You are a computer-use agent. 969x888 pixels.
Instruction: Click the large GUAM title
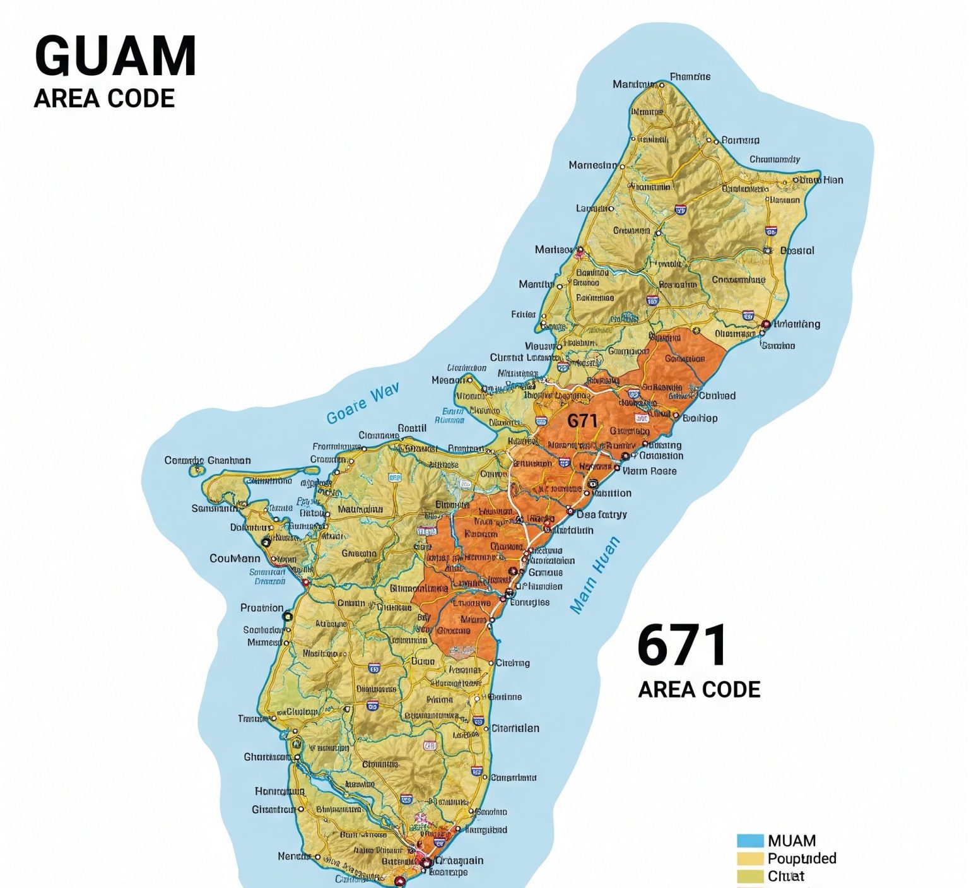[x=115, y=56]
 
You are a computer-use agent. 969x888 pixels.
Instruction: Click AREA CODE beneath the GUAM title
[x=104, y=99]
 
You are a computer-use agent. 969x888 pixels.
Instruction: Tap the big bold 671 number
[x=681, y=645]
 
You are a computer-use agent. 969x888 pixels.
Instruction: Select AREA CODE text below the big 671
[x=699, y=689]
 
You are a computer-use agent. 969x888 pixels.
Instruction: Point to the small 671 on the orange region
[x=582, y=420]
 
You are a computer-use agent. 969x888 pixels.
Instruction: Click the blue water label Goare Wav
[x=363, y=405]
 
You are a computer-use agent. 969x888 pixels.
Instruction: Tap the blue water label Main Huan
[x=594, y=575]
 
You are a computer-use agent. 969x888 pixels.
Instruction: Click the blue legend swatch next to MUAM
[x=750, y=841]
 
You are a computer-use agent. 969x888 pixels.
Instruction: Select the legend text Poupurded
[x=802, y=858]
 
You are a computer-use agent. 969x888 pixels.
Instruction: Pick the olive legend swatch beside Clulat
[x=750, y=876]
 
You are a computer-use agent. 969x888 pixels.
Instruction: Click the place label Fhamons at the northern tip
[x=690, y=77]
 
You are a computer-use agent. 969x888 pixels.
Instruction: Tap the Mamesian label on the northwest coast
[x=593, y=165]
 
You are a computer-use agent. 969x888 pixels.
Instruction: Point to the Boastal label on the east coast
[x=797, y=251]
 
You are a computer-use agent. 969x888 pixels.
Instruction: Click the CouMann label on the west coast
[x=235, y=559]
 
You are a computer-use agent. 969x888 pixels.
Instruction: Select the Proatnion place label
[x=262, y=608]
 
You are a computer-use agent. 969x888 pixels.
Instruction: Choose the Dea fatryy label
[x=601, y=514]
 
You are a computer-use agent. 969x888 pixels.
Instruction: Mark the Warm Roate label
[x=649, y=471]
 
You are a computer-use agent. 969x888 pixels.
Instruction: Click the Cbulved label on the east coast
[x=717, y=396]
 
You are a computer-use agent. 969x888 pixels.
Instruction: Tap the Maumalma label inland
[x=360, y=509]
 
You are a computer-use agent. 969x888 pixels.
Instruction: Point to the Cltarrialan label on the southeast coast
[x=515, y=728]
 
